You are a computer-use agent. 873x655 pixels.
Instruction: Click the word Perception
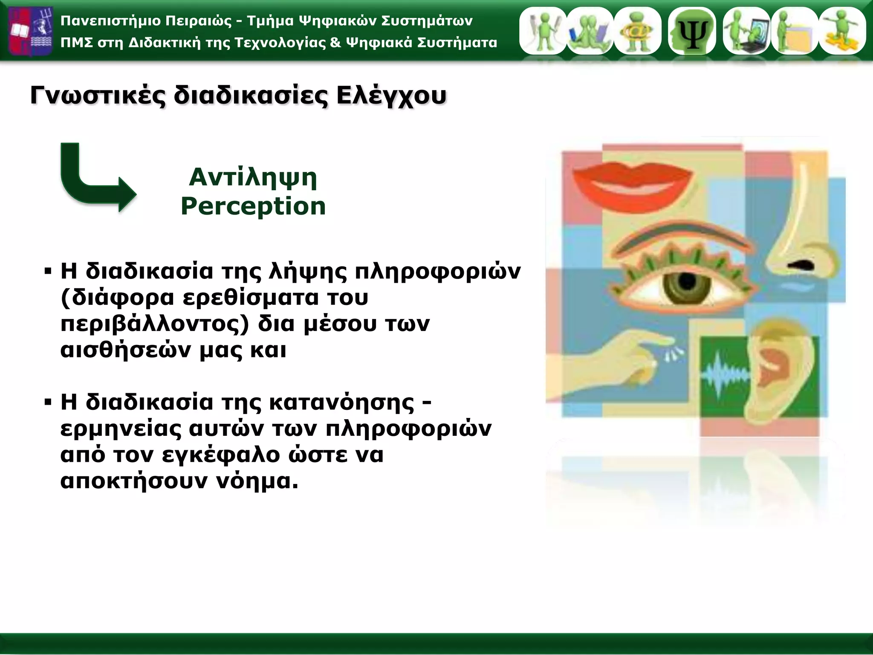tap(253, 206)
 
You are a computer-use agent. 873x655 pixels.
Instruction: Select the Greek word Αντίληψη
tap(253, 177)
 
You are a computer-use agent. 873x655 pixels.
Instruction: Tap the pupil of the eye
tap(686, 281)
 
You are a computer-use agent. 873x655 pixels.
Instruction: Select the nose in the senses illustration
tap(801, 239)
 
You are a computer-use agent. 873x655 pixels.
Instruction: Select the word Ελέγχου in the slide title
tap(391, 96)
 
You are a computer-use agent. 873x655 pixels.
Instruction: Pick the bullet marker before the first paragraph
tap(48, 271)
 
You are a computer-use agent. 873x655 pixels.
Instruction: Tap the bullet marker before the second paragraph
tap(48, 402)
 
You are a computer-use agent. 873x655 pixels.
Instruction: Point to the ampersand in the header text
tap(335, 43)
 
